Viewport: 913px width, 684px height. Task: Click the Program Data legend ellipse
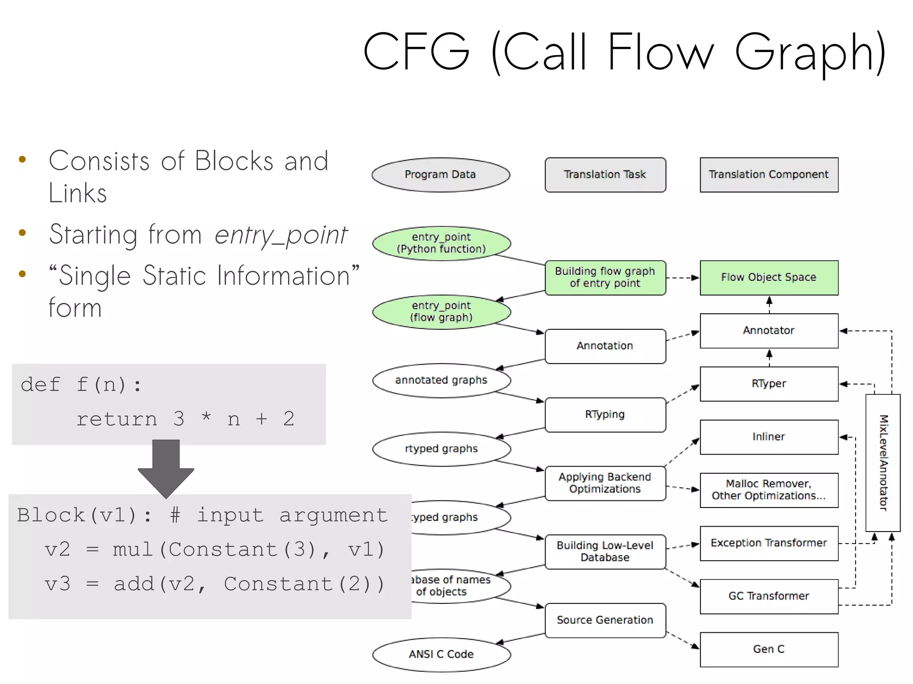point(440,175)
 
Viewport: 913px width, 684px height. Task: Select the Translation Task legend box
point(605,175)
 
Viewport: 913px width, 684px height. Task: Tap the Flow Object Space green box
point(769,278)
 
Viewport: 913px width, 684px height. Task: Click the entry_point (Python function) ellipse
point(441,243)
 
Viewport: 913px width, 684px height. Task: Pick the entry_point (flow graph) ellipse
point(441,312)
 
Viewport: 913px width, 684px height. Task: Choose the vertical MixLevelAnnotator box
point(883,463)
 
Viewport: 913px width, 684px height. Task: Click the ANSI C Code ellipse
point(441,654)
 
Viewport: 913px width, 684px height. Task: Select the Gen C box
point(769,649)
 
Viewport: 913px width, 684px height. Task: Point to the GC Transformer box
point(769,596)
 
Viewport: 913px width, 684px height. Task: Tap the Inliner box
point(769,437)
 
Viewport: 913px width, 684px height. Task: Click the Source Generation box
point(605,620)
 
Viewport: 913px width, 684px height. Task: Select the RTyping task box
point(605,414)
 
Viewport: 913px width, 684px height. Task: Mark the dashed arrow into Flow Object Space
point(683,278)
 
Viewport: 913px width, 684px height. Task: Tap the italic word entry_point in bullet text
point(280,235)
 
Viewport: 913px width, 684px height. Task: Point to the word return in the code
point(117,419)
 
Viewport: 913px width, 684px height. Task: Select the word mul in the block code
point(133,549)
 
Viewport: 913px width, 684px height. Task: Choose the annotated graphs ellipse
point(441,380)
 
